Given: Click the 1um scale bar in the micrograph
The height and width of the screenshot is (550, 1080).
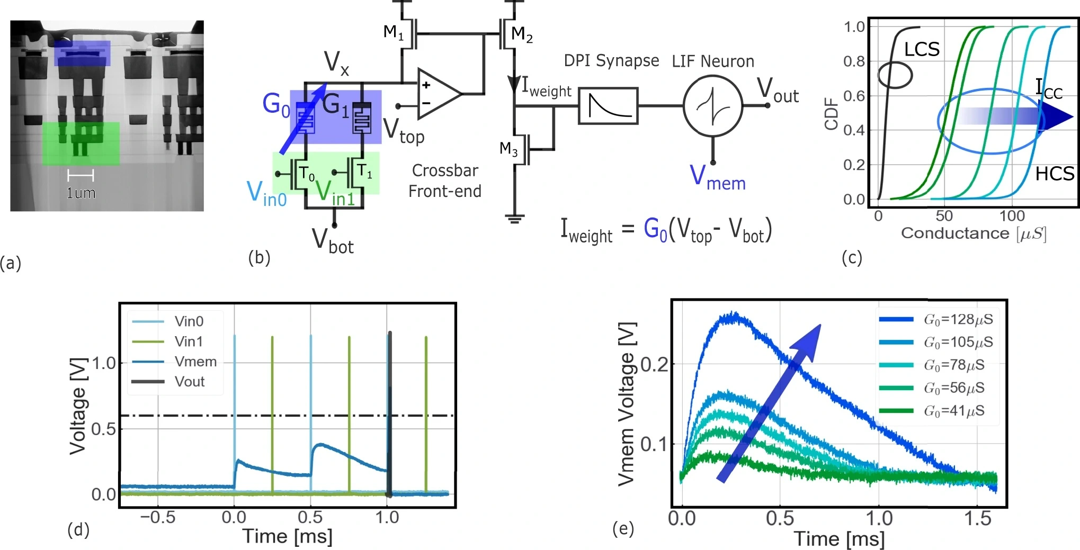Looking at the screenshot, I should coord(81,176).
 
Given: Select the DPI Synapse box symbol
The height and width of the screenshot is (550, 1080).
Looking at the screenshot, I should coord(608,106).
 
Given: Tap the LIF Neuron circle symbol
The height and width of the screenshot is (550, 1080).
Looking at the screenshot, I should coord(712,106).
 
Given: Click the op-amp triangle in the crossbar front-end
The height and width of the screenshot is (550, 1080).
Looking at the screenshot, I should coord(438,94).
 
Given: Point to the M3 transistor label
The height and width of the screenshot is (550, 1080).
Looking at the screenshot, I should coord(508,149).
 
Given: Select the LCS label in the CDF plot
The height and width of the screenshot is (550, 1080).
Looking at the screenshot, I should coord(922,50).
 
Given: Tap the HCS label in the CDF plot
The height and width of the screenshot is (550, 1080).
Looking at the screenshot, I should coord(1055,174).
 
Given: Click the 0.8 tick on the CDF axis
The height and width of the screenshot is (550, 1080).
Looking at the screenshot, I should coord(854,61).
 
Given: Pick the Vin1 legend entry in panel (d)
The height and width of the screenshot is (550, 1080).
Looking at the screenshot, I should coord(189,341).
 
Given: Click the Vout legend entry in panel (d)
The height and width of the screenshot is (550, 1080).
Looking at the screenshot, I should coord(190,382).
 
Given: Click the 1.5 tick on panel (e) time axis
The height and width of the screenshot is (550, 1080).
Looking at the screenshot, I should coord(978,519).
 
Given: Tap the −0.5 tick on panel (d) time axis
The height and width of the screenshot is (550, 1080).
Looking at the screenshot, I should coord(157,517).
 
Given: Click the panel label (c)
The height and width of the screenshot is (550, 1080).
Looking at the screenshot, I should coord(852,258).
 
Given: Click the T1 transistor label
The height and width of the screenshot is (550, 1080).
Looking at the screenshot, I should coord(364,170).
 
